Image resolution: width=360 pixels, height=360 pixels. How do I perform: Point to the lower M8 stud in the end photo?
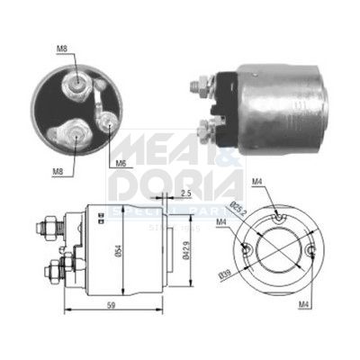pyautogui.click(x=71, y=136)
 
